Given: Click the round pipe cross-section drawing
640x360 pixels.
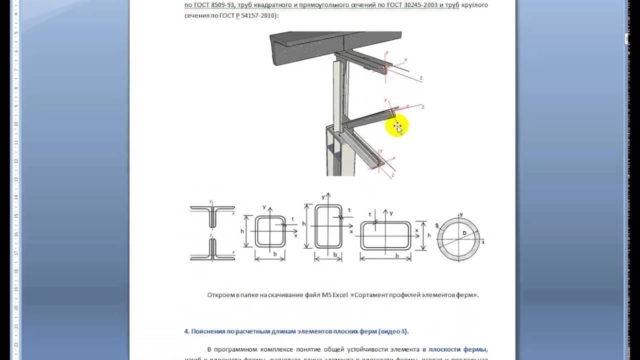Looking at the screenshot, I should coord(458,238).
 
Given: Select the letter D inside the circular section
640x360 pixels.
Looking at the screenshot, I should coord(464,233).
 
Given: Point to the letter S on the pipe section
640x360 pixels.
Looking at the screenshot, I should coord(437,226).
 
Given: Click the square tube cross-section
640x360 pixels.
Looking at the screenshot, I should coord(270,231).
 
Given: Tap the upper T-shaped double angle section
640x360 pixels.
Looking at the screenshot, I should coord(212,214).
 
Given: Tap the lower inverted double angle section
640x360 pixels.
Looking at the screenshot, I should coord(212,250).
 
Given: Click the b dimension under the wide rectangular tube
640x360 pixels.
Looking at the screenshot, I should coord(396,255).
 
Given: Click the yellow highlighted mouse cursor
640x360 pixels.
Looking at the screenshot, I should coord(397,126).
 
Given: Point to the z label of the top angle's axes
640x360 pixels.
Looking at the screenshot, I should coord(421,78).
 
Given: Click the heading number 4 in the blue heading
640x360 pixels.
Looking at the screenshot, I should coord(186,331).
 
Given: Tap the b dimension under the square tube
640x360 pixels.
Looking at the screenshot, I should coord(275,253).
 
